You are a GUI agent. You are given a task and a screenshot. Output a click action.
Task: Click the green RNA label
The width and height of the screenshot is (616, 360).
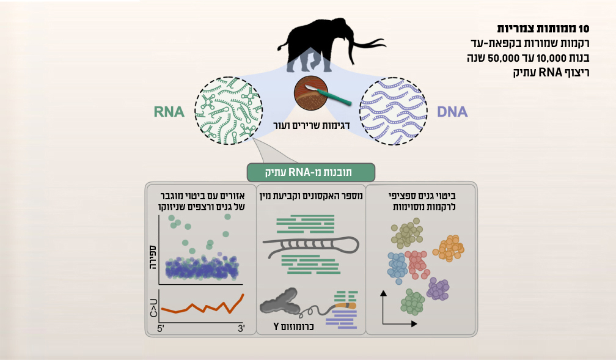tap(169, 112)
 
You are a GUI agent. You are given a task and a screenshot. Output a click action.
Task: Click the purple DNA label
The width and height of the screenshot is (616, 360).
tap(452, 112)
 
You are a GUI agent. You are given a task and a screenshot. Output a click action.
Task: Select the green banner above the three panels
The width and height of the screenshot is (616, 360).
tap(312, 171)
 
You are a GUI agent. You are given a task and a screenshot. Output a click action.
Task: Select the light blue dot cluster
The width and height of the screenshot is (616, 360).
tap(397, 266)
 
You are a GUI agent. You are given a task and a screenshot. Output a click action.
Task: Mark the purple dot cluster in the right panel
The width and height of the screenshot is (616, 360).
tap(438, 288)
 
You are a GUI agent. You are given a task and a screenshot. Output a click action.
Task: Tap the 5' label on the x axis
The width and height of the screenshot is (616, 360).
tap(161, 329)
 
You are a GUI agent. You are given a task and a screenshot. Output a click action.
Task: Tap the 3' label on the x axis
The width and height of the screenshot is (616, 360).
tap(241, 329)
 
